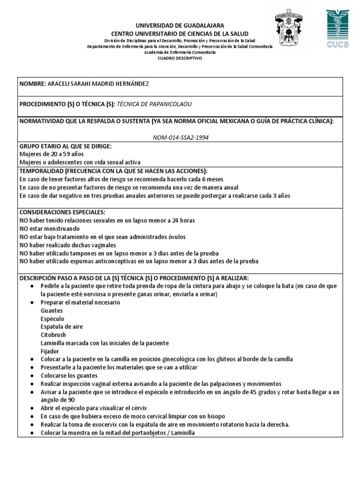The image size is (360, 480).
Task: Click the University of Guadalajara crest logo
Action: [290, 29]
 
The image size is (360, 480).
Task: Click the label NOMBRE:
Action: [32, 84]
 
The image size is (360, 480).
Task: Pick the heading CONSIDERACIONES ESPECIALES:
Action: [62, 212]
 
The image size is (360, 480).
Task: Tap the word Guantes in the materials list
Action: [52, 311]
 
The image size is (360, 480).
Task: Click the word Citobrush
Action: [53, 335]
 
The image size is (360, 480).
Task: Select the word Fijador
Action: [50, 351]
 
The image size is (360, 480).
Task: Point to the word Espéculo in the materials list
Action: [52, 319]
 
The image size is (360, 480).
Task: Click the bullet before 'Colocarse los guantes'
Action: [31, 376]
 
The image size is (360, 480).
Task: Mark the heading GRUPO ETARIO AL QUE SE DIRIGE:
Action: [65, 146]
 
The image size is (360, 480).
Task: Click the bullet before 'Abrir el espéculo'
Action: [31, 408]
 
